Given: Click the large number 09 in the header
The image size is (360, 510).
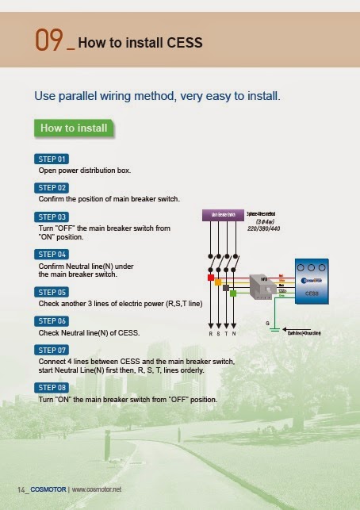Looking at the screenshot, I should (49, 40).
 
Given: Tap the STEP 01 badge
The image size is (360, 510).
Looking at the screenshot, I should (52, 159).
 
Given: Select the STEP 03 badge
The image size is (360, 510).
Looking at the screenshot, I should (52, 217).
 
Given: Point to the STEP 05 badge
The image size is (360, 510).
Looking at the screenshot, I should (52, 292).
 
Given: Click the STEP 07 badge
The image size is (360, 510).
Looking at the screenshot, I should (52, 349).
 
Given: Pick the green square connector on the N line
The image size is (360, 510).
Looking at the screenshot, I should (232, 293).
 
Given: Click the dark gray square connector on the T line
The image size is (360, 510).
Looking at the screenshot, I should (225, 287).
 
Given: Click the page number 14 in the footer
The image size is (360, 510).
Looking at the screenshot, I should (22, 488).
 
